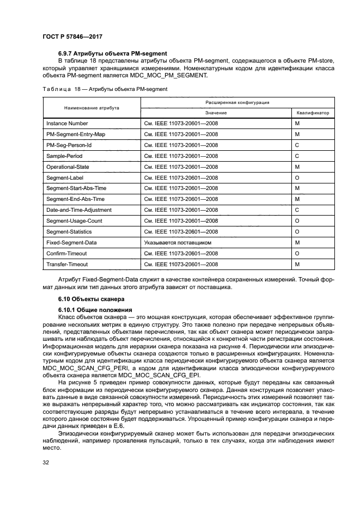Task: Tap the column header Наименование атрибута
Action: tap(91, 108)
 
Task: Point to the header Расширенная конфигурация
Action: tap(237, 102)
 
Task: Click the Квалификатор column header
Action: tap(313, 113)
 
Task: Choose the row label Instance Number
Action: tap(67, 124)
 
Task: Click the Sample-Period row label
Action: tap(64, 156)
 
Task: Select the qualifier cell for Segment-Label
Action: tap(297, 177)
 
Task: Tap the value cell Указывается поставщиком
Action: tap(178, 242)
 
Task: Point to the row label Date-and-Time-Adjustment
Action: tap(79, 210)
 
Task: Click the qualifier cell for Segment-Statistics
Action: tap(297, 231)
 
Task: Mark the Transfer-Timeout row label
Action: tap(67, 264)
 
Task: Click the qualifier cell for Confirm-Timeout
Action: tap(297, 253)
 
